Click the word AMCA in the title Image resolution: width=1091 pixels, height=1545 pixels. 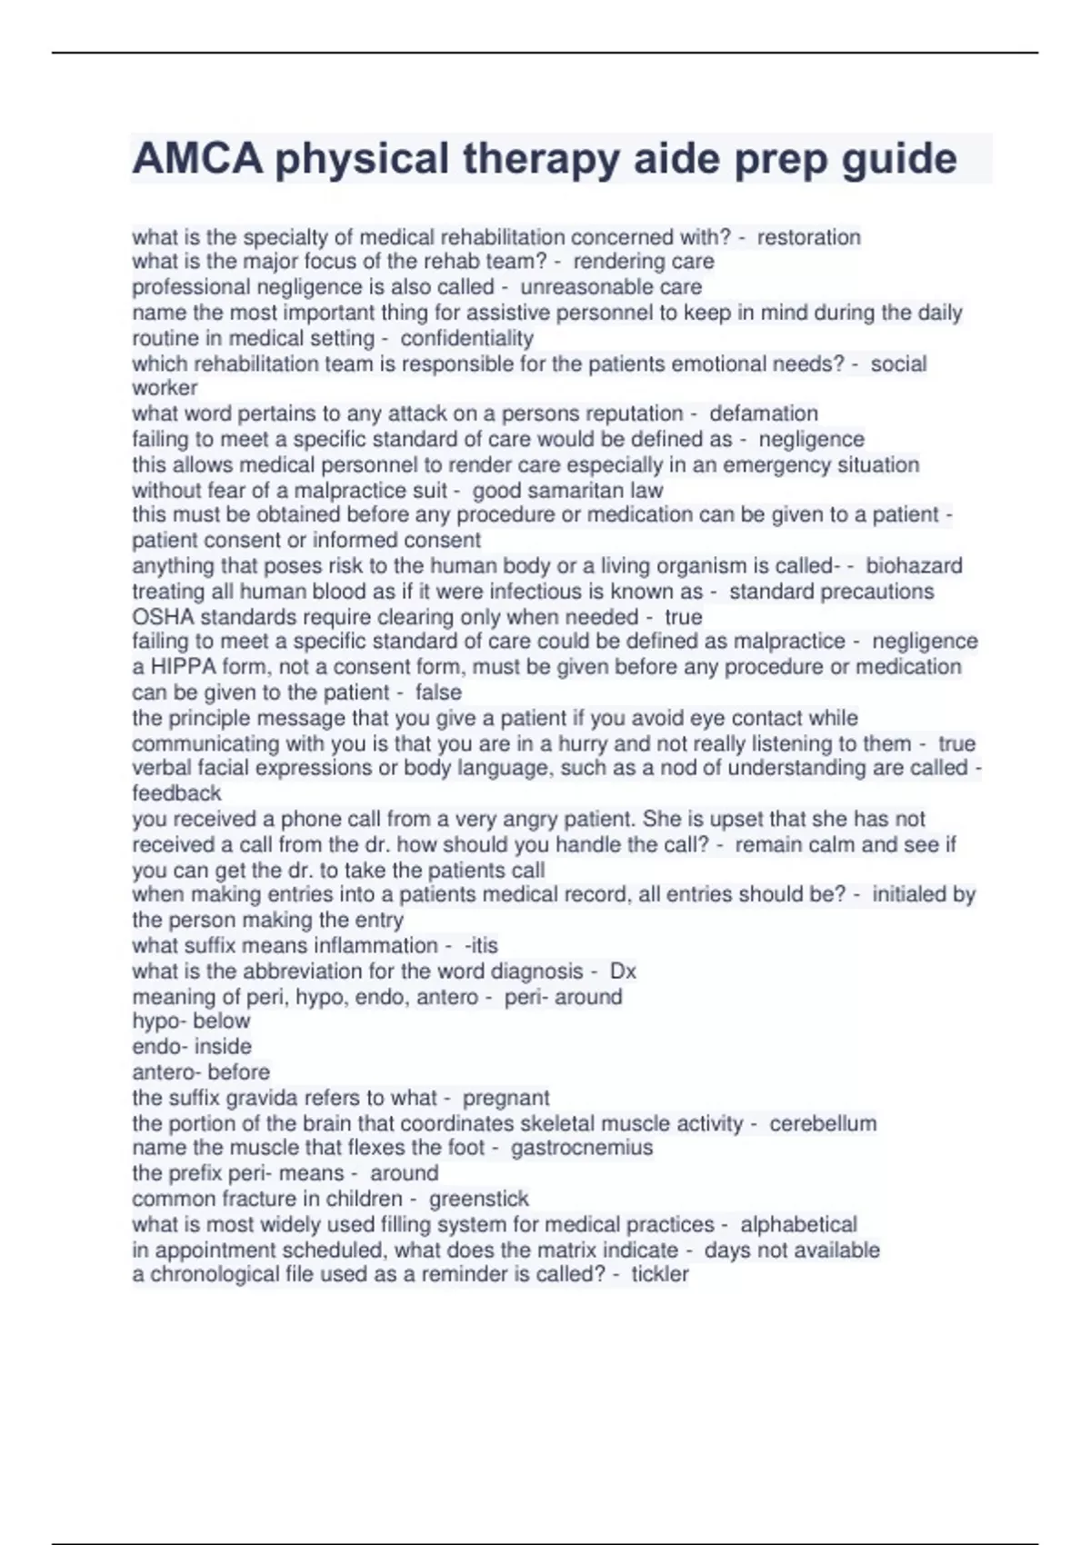click(197, 159)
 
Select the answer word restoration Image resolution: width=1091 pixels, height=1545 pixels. click(808, 237)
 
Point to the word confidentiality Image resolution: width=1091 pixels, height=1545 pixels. click(466, 338)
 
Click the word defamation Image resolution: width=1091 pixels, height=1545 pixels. click(763, 414)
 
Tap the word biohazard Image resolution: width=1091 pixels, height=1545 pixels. click(913, 565)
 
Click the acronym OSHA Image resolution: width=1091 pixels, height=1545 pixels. click(163, 617)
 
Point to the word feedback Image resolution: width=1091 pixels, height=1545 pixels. click(176, 793)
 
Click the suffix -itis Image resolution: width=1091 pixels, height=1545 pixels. click(481, 945)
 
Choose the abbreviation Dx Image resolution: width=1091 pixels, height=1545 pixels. click(623, 971)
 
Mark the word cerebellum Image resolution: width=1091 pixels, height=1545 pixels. click(823, 1123)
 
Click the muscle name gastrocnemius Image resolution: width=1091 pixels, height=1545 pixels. click(581, 1148)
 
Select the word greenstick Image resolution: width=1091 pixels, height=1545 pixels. click(478, 1199)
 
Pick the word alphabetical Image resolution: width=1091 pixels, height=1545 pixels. click(798, 1224)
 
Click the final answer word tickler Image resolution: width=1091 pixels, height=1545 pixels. click(660, 1274)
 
